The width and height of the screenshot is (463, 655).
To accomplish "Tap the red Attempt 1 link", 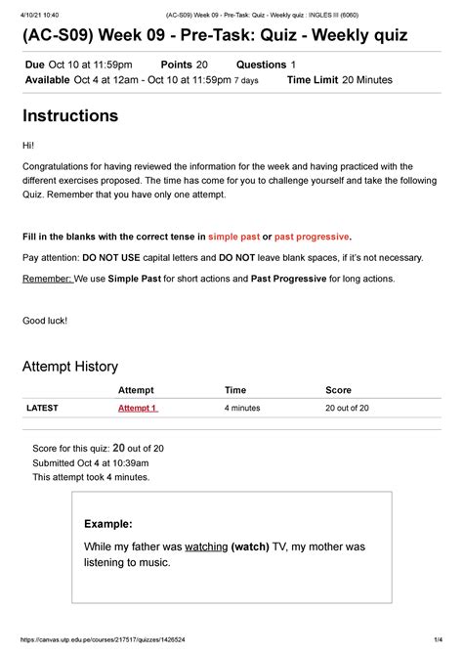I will tap(138, 408).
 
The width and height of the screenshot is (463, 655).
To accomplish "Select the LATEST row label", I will tap(42, 408).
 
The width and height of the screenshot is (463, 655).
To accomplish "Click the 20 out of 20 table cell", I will tap(347, 408).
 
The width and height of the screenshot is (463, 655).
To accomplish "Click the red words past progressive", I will tap(311, 237).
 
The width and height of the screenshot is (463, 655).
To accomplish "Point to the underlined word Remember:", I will tap(46, 279).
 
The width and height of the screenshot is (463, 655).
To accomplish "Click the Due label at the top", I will tap(34, 64).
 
